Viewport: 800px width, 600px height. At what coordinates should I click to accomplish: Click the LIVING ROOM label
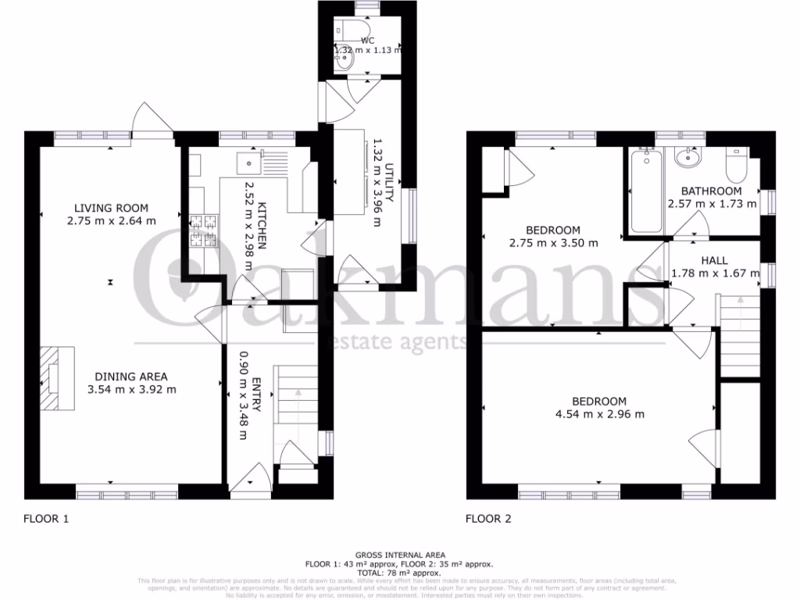(111, 208)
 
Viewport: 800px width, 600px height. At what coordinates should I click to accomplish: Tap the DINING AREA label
(127, 376)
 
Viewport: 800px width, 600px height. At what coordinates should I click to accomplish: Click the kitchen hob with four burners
(202, 232)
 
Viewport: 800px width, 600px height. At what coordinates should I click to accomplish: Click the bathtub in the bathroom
(645, 191)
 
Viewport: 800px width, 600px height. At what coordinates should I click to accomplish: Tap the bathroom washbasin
(687, 157)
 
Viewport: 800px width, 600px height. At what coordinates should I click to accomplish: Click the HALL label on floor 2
(714, 260)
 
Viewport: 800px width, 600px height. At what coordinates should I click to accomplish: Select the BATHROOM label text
(711, 191)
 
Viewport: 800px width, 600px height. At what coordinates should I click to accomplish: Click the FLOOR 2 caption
(489, 518)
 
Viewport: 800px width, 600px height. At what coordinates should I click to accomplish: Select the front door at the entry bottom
(252, 480)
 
